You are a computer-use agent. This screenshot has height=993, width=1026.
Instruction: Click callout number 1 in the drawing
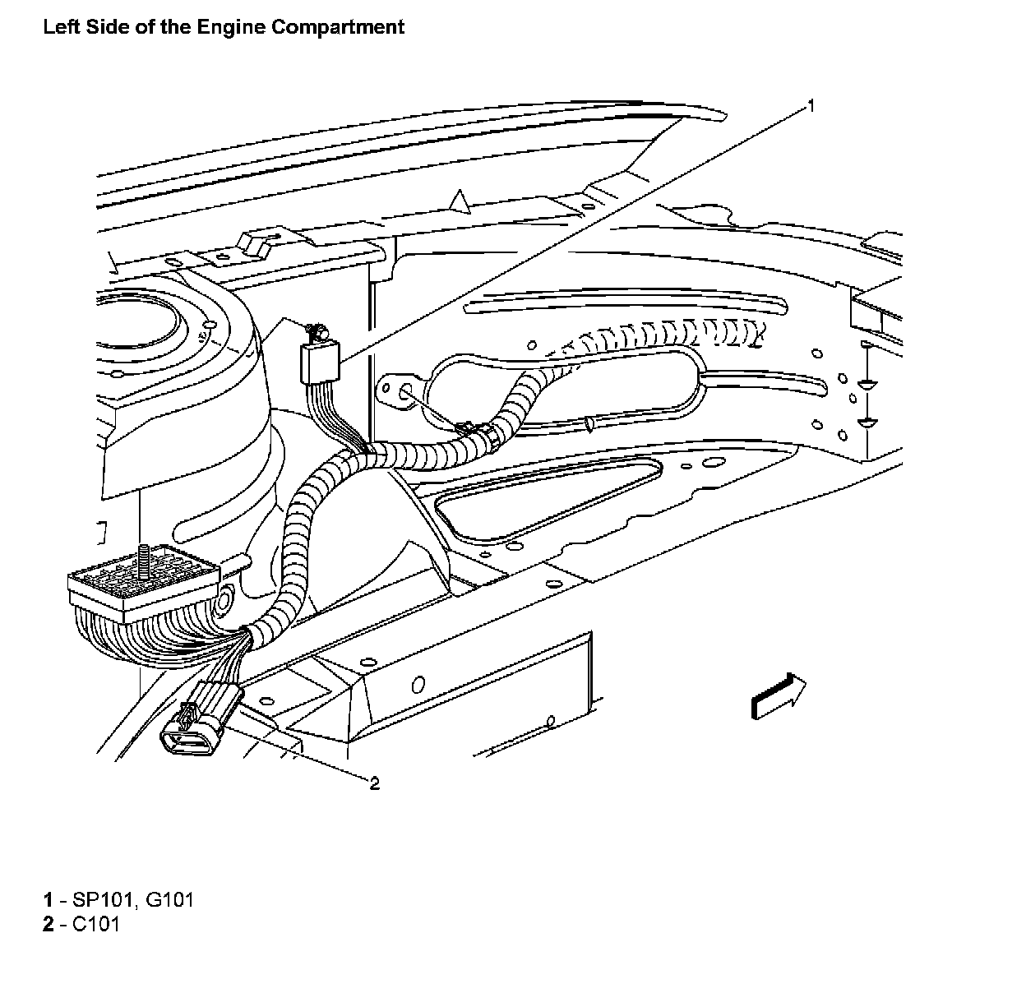(x=811, y=105)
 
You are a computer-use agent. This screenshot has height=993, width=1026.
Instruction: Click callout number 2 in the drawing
(x=375, y=783)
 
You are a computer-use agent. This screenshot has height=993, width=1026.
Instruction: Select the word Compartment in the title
(x=338, y=27)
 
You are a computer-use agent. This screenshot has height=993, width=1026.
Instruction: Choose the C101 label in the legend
(x=96, y=924)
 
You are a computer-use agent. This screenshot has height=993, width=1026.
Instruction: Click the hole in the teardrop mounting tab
(x=404, y=394)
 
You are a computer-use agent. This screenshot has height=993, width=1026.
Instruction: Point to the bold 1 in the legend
(x=48, y=899)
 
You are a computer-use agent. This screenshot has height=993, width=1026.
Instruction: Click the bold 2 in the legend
(x=48, y=924)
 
